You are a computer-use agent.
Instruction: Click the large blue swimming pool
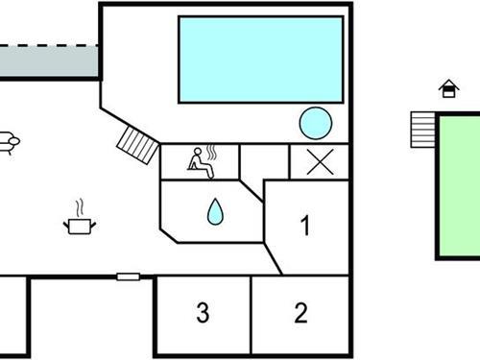tap(260, 60)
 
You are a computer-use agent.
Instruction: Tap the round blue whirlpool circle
tap(315, 123)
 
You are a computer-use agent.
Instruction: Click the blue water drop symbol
tap(213, 210)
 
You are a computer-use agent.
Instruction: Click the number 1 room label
tap(305, 228)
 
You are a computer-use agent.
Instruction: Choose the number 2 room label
tap(300, 312)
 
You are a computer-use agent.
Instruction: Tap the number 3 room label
tap(203, 312)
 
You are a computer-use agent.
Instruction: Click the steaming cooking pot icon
tap(79, 224)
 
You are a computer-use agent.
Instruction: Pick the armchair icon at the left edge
tap(8, 141)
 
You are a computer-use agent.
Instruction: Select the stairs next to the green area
tap(422, 128)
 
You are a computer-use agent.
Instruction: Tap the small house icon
tap(448, 89)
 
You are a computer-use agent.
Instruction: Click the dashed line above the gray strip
tap(48, 44)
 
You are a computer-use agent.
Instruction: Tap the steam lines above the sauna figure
tap(212, 152)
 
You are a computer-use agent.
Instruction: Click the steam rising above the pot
tap(81, 206)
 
